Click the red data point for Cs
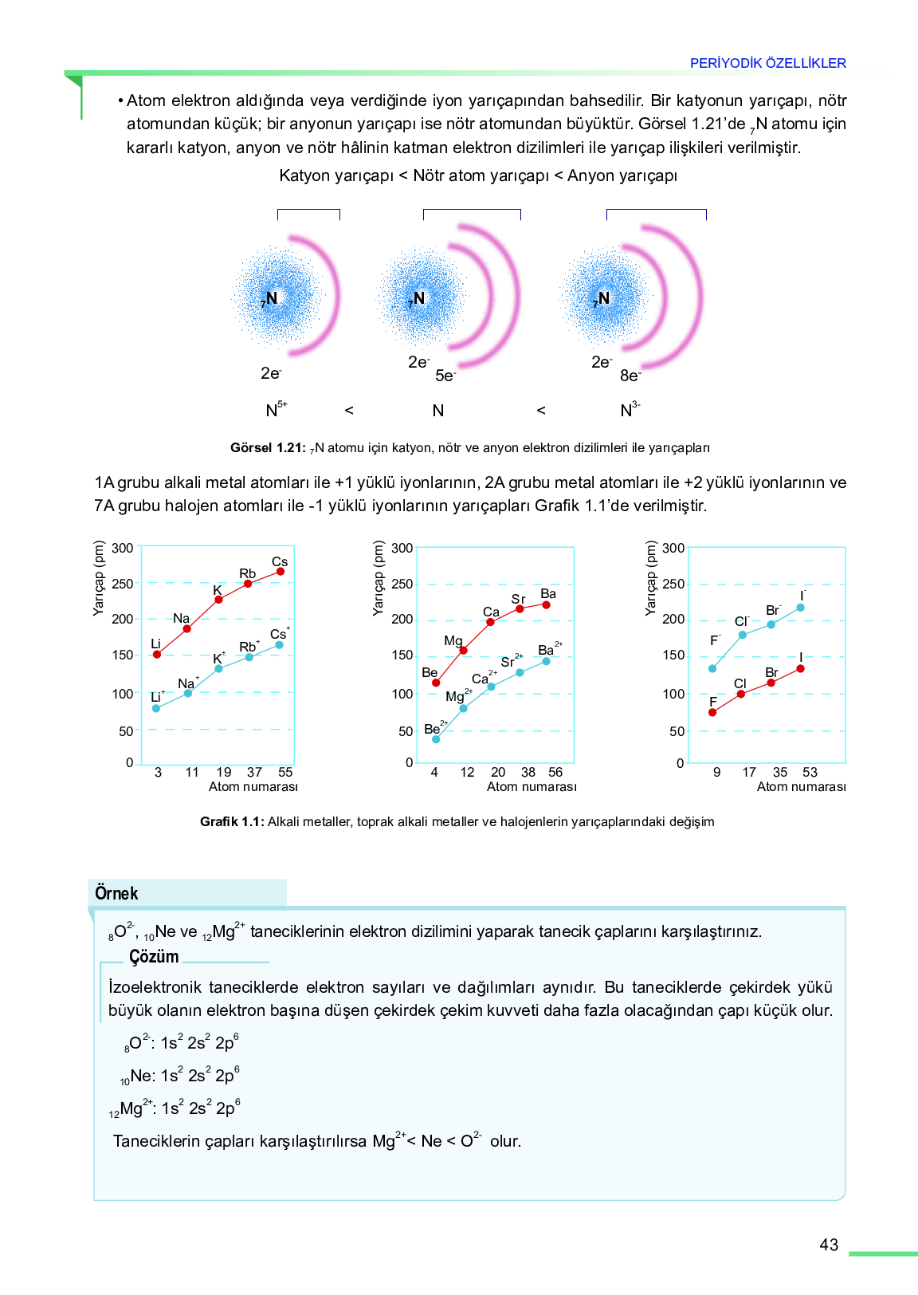click(280, 571)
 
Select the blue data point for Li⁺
click(156, 708)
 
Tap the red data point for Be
click(436, 683)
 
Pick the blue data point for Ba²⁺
click(546, 661)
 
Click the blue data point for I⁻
click(800, 608)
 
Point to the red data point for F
click(712, 712)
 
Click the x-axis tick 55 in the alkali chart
click(285, 773)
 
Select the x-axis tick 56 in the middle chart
click(555, 773)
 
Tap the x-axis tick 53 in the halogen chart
click(810, 773)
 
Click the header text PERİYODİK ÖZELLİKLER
click(768, 63)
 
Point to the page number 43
click(829, 1245)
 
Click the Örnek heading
click(116, 893)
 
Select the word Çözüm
click(154, 956)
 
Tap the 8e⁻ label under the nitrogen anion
click(630, 376)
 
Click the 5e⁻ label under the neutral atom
click(445, 376)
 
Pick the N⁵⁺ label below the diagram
click(277, 409)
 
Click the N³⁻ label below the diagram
click(630, 409)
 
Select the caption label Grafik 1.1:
click(232, 821)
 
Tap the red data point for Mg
click(463, 651)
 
